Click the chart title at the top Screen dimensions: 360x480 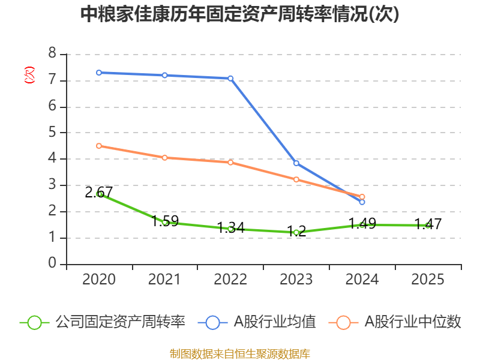(240, 14)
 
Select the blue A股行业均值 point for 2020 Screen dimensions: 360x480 (99, 73)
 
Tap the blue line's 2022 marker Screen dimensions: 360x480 (230, 78)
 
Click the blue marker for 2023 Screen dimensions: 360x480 (296, 163)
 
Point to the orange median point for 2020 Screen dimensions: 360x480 (99, 146)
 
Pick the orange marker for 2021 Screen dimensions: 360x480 (164, 157)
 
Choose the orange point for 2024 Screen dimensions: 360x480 (362, 197)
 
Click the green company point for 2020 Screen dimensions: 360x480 (99, 194)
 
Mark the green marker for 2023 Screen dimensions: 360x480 (296, 232)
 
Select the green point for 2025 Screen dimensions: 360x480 (428, 225)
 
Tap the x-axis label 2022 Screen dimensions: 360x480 (230, 280)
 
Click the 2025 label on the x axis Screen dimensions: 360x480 (428, 280)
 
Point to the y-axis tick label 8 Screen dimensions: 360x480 (52, 54)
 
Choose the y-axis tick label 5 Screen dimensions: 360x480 (52, 133)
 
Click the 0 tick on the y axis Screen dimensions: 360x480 (52, 264)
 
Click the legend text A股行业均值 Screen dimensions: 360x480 (274, 322)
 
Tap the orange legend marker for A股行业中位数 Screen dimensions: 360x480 (343, 322)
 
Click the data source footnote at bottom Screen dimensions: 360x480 (240, 353)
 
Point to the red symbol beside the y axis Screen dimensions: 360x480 (29, 75)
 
